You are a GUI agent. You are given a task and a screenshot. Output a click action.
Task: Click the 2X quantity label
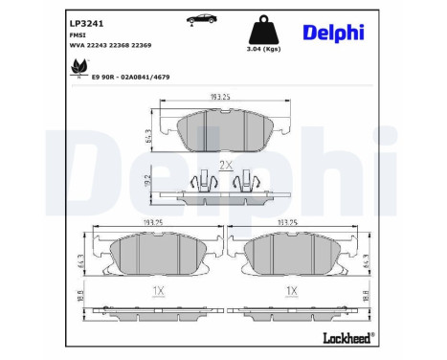[226, 165]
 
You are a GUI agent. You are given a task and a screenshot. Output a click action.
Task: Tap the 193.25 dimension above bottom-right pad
[293, 222]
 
